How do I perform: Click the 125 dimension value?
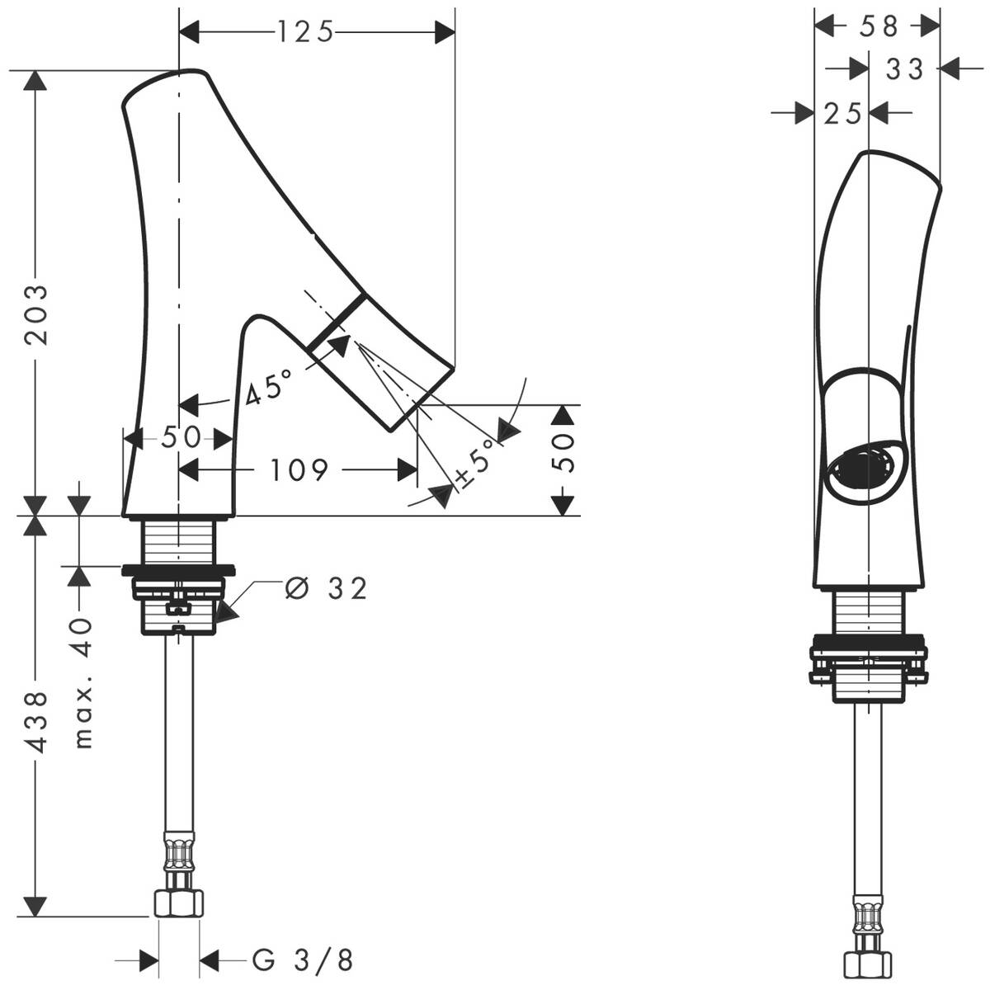pyautogui.click(x=304, y=31)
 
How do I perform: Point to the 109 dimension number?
pyautogui.click(x=298, y=470)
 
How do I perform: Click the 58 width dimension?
pyautogui.click(x=879, y=26)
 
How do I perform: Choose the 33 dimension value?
pyautogui.click(x=904, y=69)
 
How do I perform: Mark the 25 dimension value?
pyautogui.click(x=841, y=113)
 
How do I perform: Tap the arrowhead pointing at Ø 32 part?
pyautogui.click(x=224, y=611)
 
